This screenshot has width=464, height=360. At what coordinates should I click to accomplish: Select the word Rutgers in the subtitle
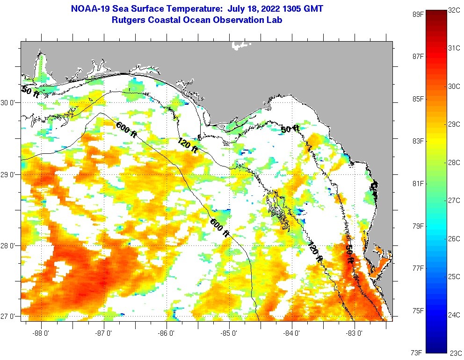(128, 20)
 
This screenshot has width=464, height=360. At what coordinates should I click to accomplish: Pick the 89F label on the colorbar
(418, 14)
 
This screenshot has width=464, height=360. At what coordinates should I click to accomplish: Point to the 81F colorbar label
(418, 183)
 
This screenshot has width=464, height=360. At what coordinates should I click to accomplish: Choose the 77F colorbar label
(418, 268)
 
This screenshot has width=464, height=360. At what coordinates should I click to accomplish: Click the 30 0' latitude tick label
(8, 103)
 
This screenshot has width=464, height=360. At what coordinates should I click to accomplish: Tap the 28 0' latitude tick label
(8, 245)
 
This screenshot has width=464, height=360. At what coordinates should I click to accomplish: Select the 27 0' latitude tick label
(8, 317)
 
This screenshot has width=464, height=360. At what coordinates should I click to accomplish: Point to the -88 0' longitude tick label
(41, 333)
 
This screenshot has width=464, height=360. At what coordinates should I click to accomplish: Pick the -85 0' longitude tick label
(229, 333)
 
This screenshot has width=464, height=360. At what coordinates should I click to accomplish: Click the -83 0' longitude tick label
(355, 333)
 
